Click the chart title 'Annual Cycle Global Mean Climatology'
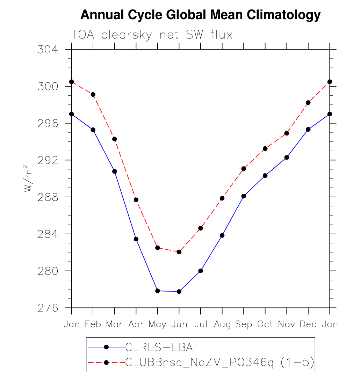200,15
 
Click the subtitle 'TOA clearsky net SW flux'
152,35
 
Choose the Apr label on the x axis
136,324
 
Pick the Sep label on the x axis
244,324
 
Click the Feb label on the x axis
93,324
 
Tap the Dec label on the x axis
308,324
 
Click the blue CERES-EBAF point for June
179,291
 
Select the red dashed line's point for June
179,252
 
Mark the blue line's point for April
136,239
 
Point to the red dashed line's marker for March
114,139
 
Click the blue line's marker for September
244,196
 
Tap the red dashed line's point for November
287,133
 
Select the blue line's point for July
201,271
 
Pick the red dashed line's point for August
222,198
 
